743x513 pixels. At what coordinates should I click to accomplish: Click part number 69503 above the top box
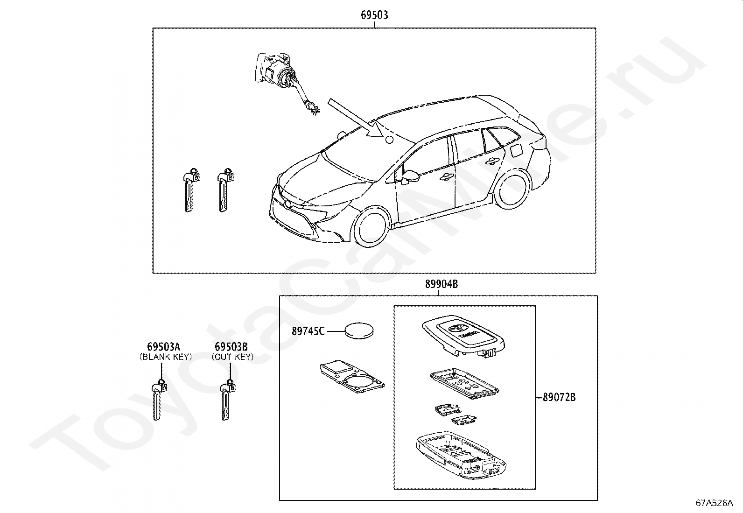tap(374, 15)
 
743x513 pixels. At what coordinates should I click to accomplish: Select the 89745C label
tap(308, 331)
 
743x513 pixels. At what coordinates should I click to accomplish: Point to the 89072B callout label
tap(559, 398)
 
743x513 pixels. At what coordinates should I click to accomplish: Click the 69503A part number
tap(163, 347)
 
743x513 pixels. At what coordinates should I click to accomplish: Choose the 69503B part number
tap(231, 347)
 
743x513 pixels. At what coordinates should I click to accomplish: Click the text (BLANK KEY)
tap(165, 357)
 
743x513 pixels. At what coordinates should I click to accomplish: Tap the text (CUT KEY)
tap(232, 357)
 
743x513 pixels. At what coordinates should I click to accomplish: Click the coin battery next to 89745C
tap(359, 331)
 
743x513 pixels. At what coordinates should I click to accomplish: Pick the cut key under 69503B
tap(226, 401)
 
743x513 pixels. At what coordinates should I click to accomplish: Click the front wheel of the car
tap(372, 229)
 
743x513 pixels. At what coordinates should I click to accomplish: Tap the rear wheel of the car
tap(512, 189)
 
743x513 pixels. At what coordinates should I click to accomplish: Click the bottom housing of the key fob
tap(460, 455)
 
